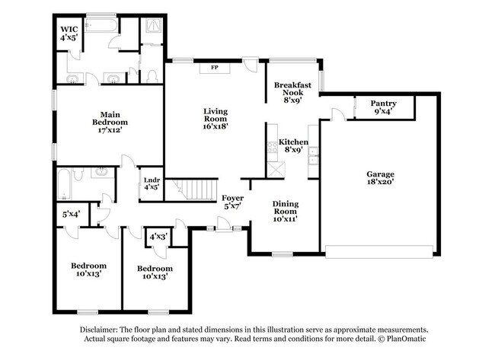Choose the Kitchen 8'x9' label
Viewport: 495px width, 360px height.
coord(293,146)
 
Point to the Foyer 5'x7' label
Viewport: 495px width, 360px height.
coord(233,202)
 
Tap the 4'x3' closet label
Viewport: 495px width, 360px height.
coord(158,237)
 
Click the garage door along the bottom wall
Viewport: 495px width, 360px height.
coord(379,250)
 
